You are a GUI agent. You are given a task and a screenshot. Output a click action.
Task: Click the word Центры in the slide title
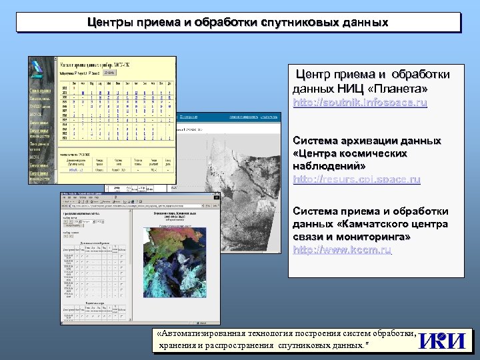click(x=111, y=23)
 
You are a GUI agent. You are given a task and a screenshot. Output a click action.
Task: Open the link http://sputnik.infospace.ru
click(x=359, y=103)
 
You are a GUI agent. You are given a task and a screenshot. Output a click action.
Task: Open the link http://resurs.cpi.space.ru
click(x=357, y=179)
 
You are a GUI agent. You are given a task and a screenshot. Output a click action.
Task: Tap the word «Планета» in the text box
click(x=399, y=89)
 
